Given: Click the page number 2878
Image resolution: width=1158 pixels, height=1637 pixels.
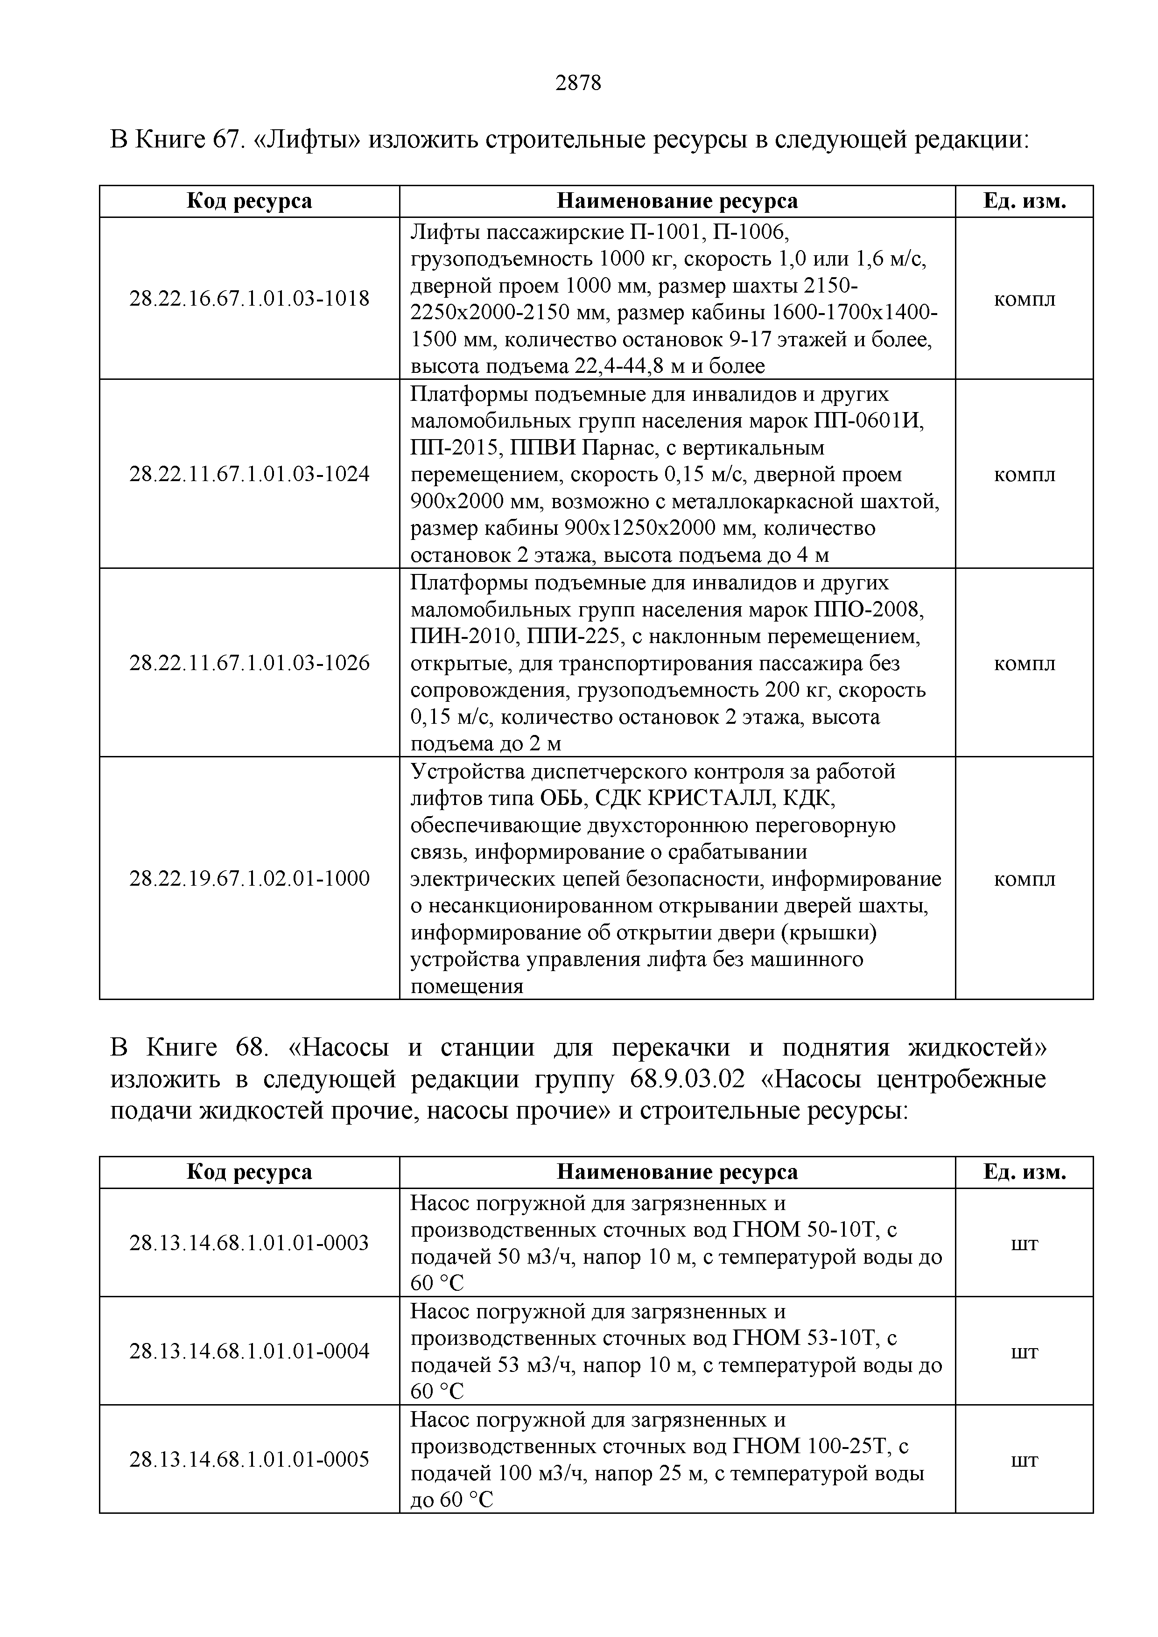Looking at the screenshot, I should pos(578,84).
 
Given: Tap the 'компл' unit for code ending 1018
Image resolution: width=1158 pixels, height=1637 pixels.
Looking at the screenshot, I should pos(1024,298).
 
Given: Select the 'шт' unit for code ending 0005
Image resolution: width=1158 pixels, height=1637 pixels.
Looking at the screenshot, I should pos(1024,1460).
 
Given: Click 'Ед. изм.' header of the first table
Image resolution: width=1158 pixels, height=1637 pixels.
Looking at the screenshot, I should pos(1024,201).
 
